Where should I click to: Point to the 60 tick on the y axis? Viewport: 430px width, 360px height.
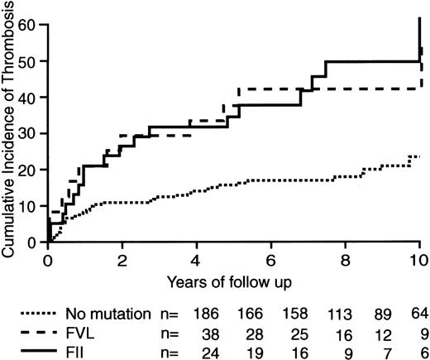[33, 24]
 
